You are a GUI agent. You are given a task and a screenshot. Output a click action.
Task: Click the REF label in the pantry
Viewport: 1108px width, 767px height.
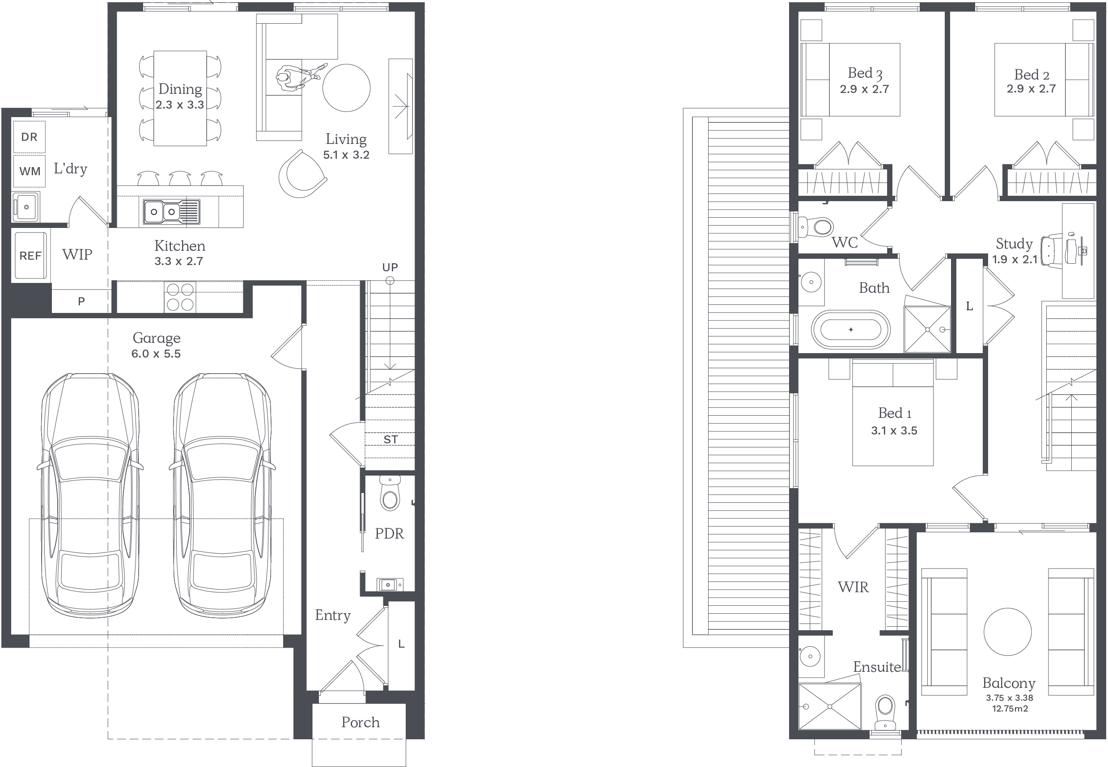[x=30, y=256]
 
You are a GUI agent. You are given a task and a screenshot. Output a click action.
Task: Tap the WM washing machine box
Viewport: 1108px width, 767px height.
[x=30, y=171]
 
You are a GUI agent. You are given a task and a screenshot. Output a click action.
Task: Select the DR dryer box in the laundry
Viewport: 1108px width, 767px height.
[x=30, y=137]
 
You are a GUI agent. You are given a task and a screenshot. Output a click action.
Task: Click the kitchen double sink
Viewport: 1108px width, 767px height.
[x=171, y=211]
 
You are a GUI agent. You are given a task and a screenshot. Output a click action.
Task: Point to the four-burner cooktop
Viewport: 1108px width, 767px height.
[x=179, y=296]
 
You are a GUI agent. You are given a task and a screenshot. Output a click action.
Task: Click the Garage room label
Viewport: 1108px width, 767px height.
[x=157, y=338]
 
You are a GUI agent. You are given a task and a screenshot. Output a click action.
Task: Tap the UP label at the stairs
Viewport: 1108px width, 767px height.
[x=390, y=267]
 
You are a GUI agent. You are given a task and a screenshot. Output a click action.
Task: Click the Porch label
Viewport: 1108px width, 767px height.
[x=361, y=722]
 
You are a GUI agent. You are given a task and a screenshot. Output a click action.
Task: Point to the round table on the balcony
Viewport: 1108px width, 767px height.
[x=1007, y=632]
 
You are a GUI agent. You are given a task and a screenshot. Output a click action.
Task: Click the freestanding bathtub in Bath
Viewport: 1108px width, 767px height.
[x=850, y=330]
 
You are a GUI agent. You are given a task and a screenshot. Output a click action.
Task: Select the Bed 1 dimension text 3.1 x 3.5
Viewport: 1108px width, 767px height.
[x=894, y=430]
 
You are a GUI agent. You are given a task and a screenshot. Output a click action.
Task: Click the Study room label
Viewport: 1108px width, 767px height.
[x=1014, y=244]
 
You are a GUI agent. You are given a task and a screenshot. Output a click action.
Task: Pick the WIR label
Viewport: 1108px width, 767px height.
[x=853, y=587]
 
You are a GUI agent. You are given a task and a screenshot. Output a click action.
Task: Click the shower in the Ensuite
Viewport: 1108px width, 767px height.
[x=830, y=706]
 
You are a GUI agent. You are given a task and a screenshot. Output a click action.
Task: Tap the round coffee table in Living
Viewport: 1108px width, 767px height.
[x=346, y=88]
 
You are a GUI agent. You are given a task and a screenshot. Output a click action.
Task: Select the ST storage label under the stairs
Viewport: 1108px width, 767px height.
[x=391, y=439]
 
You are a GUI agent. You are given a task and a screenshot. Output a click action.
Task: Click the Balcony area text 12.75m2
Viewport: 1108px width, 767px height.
[x=1010, y=708]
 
